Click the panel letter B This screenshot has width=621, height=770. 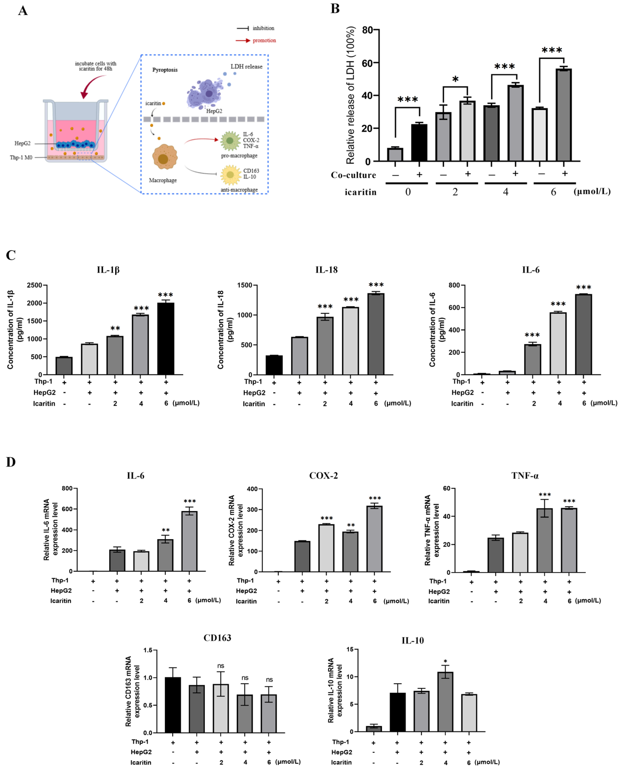pos(335,9)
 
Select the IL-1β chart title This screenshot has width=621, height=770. pos(108,270)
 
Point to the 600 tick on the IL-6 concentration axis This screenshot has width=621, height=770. pos(454,308)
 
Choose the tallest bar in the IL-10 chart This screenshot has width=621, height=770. pos(445,701)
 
